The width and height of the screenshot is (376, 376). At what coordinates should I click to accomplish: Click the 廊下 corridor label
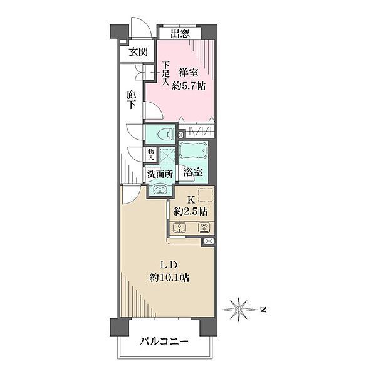tap(131, 100)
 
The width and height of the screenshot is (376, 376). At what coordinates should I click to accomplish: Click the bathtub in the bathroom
tap(194, 152)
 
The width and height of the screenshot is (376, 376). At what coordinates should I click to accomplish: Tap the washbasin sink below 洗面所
tap(160, 189)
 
